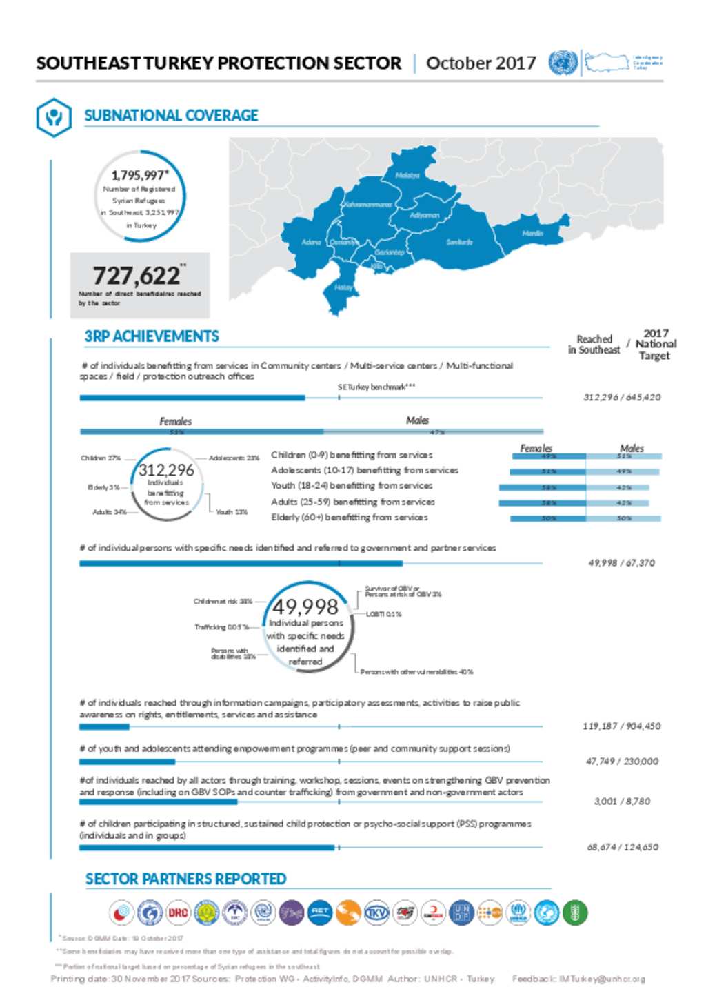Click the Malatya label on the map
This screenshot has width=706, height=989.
click(407, 176)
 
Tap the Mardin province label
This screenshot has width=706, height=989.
click(532, 234)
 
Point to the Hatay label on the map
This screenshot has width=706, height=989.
click(343, 287)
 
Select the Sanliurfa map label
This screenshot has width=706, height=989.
click(459, 242)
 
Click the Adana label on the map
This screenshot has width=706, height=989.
click(311, 242)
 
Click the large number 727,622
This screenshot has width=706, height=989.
click(137, 276)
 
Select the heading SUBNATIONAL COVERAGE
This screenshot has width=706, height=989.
click(171, 116)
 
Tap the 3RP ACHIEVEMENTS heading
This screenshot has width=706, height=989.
click(152, 336)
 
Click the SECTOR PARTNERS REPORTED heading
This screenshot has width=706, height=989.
click(185, 879)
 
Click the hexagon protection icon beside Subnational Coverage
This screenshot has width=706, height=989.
click(53, 116)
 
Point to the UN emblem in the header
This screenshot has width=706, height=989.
click(563, 63)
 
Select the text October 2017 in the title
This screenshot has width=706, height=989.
click(481, 63)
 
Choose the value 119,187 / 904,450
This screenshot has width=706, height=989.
click(621, 726)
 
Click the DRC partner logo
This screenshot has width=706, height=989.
click(178, 912)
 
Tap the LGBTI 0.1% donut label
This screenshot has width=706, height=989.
click(383, 614)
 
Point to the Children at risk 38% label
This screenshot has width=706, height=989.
click(223, 602)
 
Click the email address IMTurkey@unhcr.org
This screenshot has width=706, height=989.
click(602, 979)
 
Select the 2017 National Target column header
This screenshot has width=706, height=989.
click(655, 344)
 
